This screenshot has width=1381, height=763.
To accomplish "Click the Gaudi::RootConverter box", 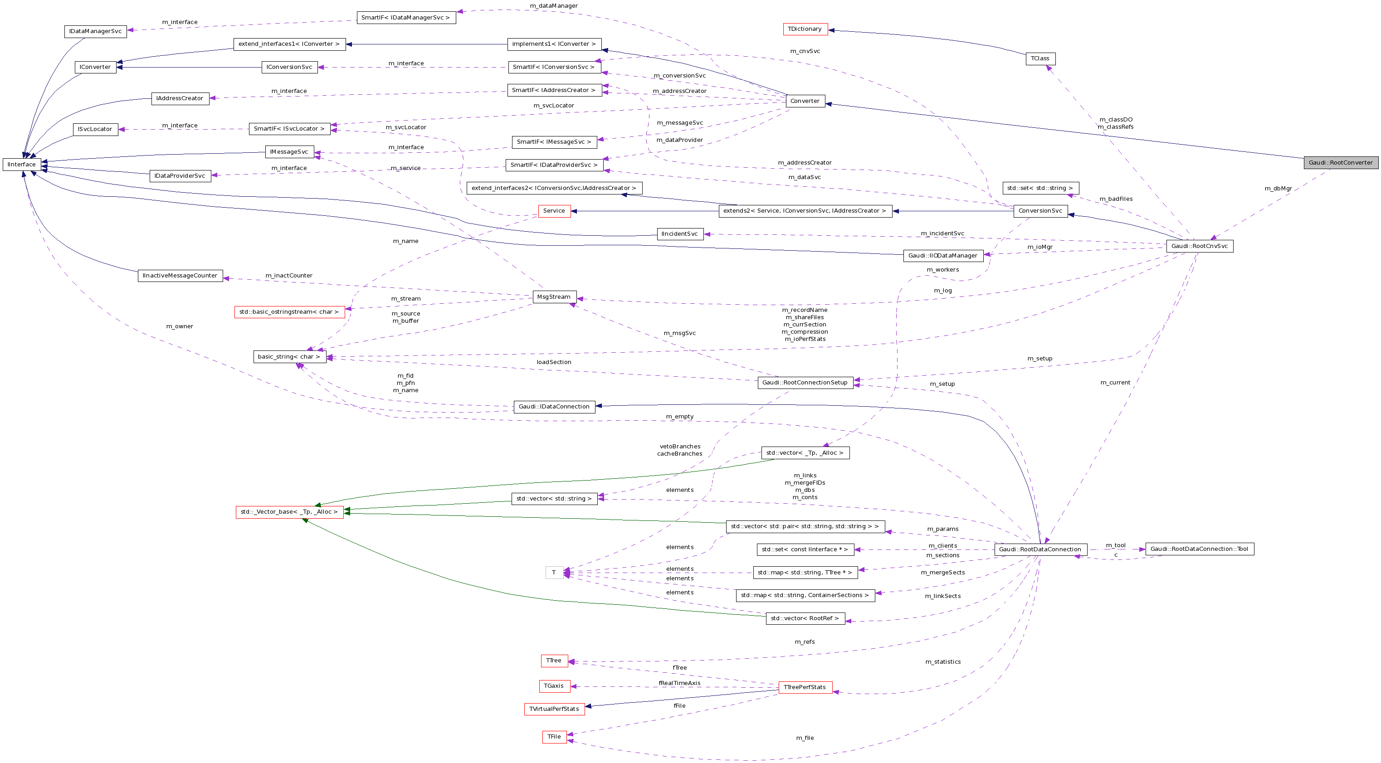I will [x=1340, y=163].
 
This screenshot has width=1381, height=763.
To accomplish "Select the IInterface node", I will [x=21, y=165].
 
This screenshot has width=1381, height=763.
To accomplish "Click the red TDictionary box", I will [x=805, y=29].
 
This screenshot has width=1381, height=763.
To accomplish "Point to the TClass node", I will [x=1040, y=59].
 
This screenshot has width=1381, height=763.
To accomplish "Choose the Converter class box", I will [x=805, y=101].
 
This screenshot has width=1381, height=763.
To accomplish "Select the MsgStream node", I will [x=554, y=297].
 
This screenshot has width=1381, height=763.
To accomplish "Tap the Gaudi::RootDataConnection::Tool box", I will [x=1199, y=549].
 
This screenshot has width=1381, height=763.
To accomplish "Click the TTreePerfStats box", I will [x=805, y=687].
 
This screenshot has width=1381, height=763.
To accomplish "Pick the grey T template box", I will [x=554, y=573].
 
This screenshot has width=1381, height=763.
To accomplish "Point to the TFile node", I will [x=554, y=737].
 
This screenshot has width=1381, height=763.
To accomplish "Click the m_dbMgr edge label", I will [x=1278, y=189].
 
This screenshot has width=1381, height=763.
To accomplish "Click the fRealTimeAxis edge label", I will [x=679, y=683].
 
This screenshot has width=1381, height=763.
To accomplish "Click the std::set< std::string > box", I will [x=1040, y=189].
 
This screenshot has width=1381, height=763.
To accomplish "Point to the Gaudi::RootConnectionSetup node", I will [x=805, y=383].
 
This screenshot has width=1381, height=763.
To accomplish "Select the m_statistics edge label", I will [x=943, y=662].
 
